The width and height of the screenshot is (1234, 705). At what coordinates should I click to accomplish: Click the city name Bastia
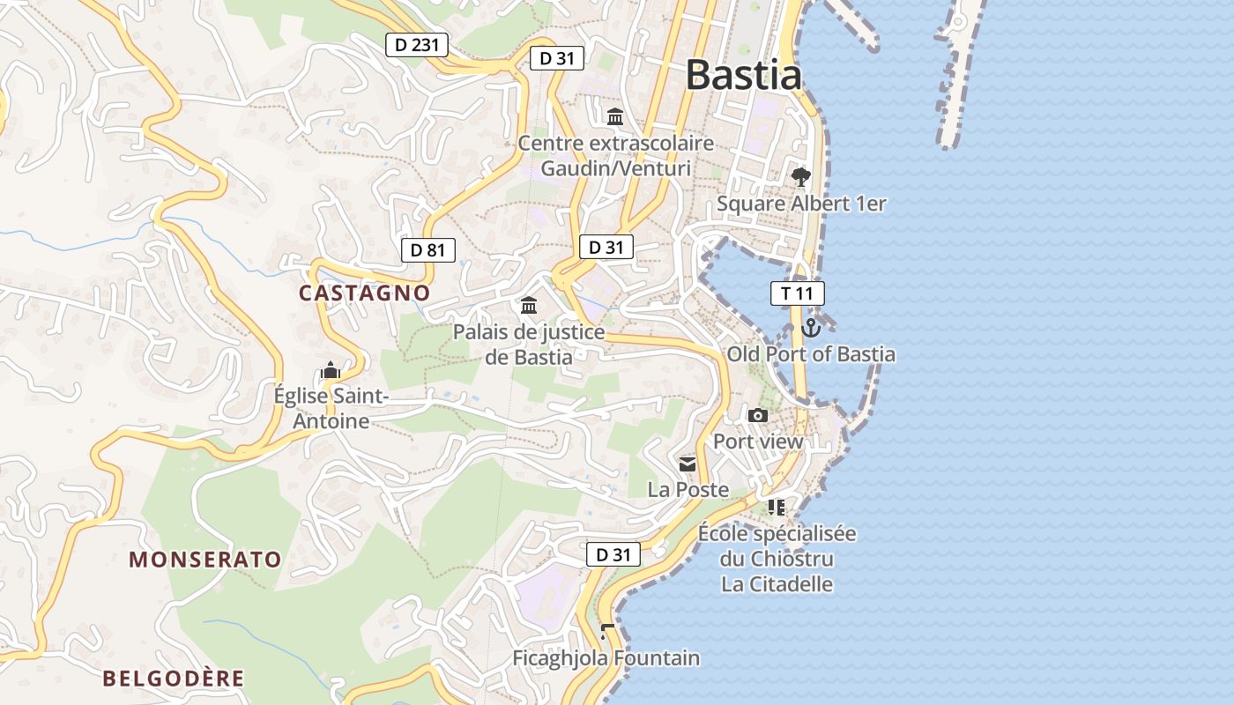pyautogui.click(x=743, y=75)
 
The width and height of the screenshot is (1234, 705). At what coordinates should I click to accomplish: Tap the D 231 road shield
pyautogui.click(x=417, y=45)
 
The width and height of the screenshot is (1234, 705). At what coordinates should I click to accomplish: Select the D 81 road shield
pyautogui.click(x=428, y=250)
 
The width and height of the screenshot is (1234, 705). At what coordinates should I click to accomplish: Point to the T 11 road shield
pyautogui.click(x=797, y=293)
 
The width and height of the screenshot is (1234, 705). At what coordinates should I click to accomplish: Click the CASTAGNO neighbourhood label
pyautogui.click(x=364, y=293)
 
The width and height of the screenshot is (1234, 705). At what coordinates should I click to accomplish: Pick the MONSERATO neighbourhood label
pyautogui.click(x=204, y=560)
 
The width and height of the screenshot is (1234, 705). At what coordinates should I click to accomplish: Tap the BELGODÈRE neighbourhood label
pyautogui.click(x=173, y=679)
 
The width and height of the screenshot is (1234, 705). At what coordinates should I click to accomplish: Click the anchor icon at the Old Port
pyautogui.click(x=811, y=328)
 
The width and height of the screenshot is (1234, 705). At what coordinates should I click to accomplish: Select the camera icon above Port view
pyautogui.click(x=757, y=415)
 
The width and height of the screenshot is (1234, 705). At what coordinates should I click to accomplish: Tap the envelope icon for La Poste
pyautogui.click(x=688, y=464)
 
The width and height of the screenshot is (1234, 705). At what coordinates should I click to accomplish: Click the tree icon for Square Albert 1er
pyautogui.click(x=800, y=177)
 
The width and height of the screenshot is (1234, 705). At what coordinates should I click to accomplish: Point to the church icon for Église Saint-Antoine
pyautogui.click(x=331, y=371)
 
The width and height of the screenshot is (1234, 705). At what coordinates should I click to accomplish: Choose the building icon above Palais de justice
pyautogui.click(x=529, y=306)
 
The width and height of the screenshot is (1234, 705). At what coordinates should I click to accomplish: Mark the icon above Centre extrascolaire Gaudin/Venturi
pyautogui.click(x=615, y=116)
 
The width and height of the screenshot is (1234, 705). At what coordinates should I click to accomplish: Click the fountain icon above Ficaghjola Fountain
pyautogui.click(x=606, y=631)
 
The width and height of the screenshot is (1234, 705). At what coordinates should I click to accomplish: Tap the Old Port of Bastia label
pyautogui.click(x=811, y=354)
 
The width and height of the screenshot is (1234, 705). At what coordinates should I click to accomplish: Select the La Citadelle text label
pyautogui.click(x=777, y=584)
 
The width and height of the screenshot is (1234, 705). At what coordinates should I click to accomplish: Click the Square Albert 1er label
pyautogui.click(x=800, y=204)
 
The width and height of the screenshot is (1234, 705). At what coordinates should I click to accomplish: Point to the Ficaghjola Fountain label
pyautogui.click(x=606, y=658)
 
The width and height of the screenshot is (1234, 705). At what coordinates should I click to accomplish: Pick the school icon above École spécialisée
pyautogui.click(x=776, y=507)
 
